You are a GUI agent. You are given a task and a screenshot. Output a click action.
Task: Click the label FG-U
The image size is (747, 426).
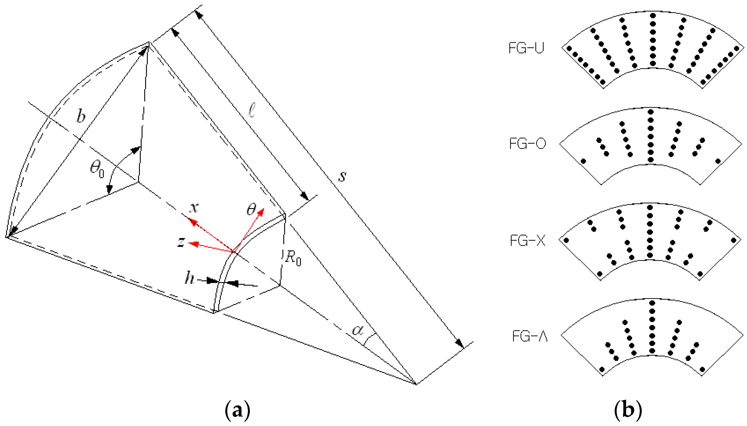point(526,48)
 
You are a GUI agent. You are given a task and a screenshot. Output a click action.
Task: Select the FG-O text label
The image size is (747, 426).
point(527,144)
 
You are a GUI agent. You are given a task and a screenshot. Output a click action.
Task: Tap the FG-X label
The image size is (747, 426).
point(527,241)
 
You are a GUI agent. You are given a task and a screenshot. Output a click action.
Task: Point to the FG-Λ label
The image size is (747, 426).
point(529,336)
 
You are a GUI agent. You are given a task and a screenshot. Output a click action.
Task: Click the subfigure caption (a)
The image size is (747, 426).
point(237,410)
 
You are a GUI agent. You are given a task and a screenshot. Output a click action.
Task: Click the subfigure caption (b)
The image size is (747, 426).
point(628,410)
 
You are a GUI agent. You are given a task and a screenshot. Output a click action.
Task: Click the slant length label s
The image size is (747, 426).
point(342,176)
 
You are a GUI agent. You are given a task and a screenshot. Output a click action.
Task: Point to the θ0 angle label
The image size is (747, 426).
point(97,169)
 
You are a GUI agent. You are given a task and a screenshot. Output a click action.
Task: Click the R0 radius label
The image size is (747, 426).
point(293,258)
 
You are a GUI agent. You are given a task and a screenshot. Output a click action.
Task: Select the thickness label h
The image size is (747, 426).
point(189,278)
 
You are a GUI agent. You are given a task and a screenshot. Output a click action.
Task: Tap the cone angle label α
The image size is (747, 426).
point(358,330)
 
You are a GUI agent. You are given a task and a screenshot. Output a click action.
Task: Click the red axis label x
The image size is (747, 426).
point(194,208)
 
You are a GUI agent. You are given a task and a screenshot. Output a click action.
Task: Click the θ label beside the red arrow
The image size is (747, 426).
point(251,209)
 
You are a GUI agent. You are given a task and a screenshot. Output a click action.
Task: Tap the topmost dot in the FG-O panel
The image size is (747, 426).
point(651,112)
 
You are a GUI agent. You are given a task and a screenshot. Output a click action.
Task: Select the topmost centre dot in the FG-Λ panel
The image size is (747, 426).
point(652,303)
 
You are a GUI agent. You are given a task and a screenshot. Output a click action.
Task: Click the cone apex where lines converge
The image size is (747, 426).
point(416,384)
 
